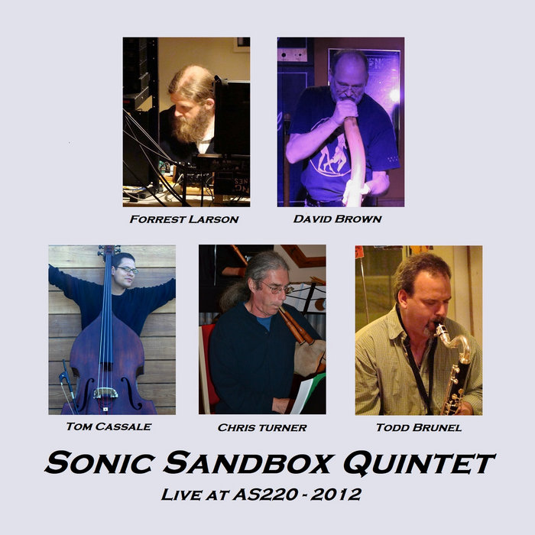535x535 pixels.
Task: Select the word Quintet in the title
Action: [423, 462]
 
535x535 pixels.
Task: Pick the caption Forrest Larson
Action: [184, 219]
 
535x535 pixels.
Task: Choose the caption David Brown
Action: [338, 219]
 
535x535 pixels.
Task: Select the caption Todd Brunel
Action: [418, 427]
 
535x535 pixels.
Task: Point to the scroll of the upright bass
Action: [109, 251]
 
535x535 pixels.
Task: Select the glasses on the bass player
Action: [128, 270]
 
